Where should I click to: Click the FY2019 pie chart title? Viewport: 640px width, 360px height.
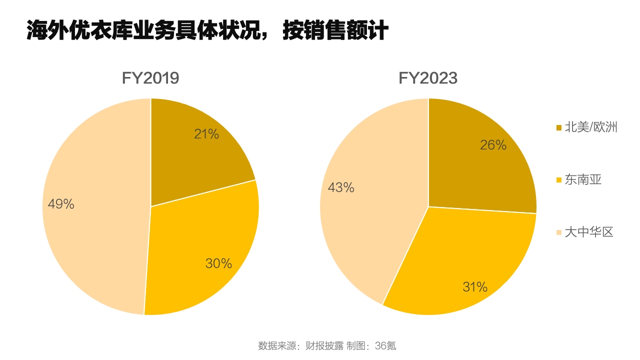coord(150,78)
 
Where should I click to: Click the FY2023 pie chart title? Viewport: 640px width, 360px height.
coord(428,78)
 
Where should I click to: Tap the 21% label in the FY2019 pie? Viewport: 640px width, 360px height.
coord(206,134)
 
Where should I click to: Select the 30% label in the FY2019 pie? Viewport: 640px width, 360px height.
coord(218,263)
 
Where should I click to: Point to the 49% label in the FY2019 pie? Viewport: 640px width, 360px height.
coord(61,204)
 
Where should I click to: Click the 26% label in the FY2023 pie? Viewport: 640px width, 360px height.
coord(493,145)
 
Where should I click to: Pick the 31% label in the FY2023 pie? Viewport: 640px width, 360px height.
coord(475,287)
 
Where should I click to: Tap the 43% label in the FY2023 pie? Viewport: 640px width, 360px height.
coord(341,187)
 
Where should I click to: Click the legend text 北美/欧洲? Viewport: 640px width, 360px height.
coord(591,127)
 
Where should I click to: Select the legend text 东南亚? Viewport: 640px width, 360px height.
coord(583,180)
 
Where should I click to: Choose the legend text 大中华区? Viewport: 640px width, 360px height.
coord(589,232)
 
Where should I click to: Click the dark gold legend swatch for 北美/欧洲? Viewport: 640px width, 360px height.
coord(559,128)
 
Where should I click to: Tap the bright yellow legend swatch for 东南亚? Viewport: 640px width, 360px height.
coord(559,180)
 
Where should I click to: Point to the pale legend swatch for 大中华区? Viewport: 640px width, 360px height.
coord(559,232)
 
